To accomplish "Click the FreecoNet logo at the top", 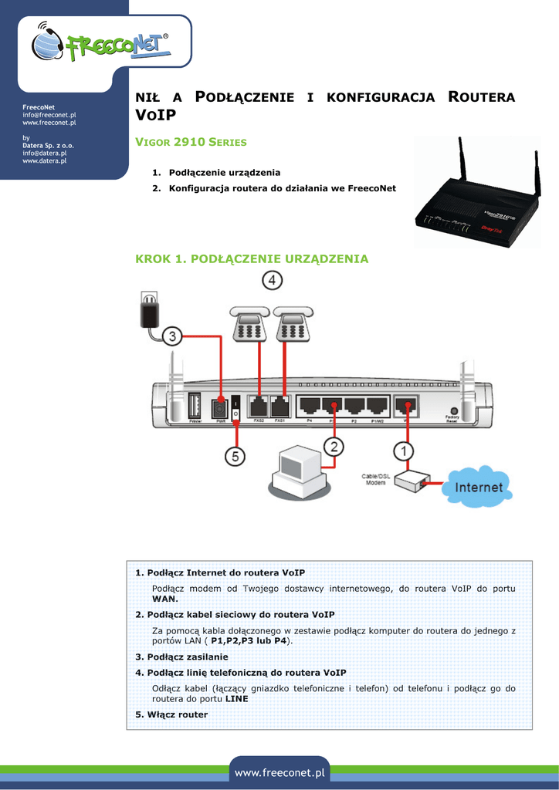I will (x=102, y=46).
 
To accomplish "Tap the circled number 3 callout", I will (x=172, y=336).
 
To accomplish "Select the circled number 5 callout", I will (x=235, y=456).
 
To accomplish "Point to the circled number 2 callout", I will (x=333, y=447).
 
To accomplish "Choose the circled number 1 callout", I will (x=405, y=450).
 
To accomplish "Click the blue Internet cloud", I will (x=479, y=487).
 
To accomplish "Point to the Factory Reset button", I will (x=452, y=412).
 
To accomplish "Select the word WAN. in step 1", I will (x=164, y=598).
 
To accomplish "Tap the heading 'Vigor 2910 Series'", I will (x=191, y=142).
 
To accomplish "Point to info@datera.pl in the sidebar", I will (x=44, y=153).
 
